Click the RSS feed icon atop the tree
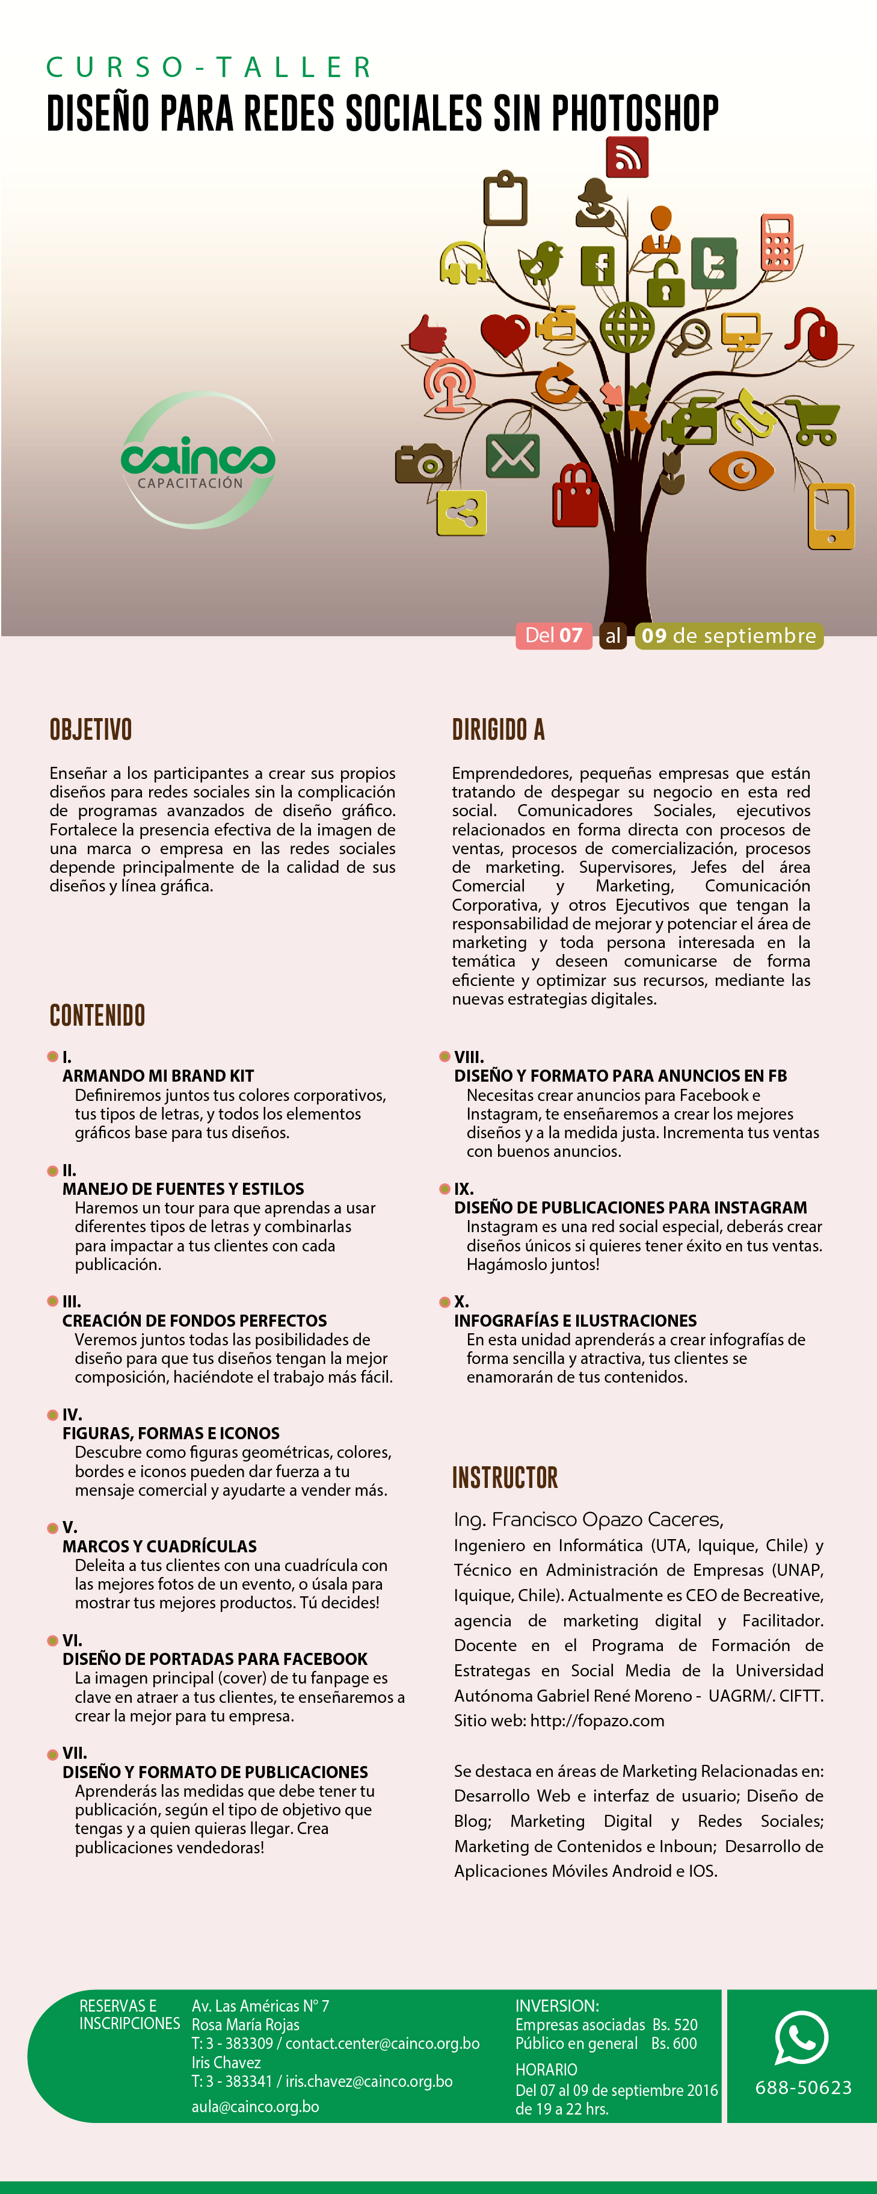(x=627, y=158)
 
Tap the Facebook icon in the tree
(x=598, y=265)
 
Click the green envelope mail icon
(x=512, y=456)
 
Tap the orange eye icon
(x=741, y=470)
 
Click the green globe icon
(x=627, y=327)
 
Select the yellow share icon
(x=461, y=513)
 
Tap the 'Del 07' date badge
(x=553, y=636)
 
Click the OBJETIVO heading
(x=91, y=730)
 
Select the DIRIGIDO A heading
(x=498, y=730)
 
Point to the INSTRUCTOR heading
(x=505, y=1478)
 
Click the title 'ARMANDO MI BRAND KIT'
(x=158, y=1076)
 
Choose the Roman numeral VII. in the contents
(x=74, y=1753)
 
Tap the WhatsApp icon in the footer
(x=801, y=2038)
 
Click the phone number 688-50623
(x=803, y=2087)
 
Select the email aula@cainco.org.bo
(x=256, y=2106)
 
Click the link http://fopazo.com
(x=597, y=1720)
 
